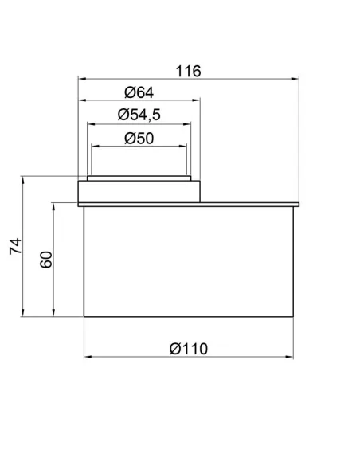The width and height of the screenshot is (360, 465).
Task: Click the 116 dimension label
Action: pos(188,72)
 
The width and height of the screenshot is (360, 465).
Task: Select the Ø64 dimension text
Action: pos(139,92)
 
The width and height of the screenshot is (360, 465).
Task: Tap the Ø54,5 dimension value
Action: pos(139,115)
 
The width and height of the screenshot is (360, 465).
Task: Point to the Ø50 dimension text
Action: pos(139,139)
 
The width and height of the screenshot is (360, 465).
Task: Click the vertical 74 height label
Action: pos(15,246)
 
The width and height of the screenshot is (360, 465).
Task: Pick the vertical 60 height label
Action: pos(46,260)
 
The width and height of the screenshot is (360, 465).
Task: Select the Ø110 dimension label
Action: pos(189,349)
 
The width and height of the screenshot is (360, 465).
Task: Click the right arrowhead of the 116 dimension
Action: pos(295,79)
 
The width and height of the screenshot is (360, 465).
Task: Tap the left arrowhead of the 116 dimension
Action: pos(82,79)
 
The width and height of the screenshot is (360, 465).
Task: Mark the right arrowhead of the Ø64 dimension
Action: pos(196,100)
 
